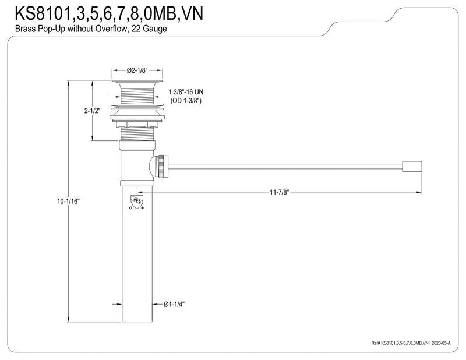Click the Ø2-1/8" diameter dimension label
(x=137, y=70)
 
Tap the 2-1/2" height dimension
(x=93, y=111)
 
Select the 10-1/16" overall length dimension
(x=68, y=201)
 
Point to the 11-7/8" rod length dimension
(x=279, y=192)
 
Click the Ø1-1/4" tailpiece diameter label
(x=174, y=304)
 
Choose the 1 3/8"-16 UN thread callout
(x=186, y=92)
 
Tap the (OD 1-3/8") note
(x=186, y=101)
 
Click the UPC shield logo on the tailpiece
(x=137, y=201)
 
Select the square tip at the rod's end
(x=412, y=167)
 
